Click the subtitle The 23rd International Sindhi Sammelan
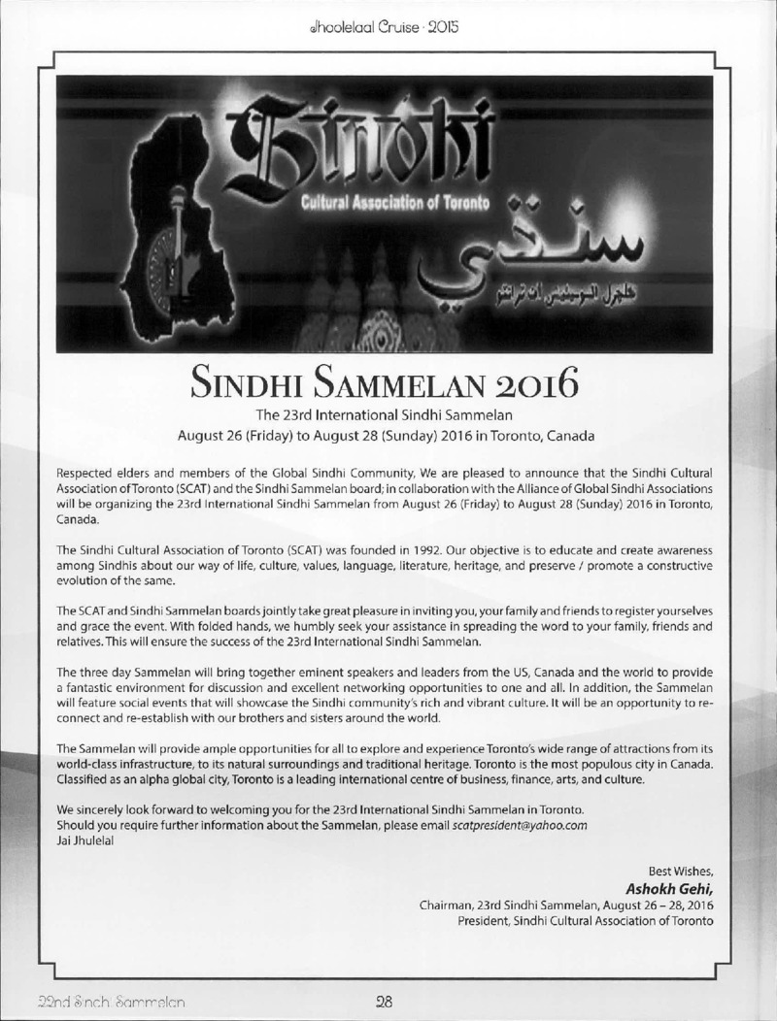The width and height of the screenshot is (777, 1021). [388, 414]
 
